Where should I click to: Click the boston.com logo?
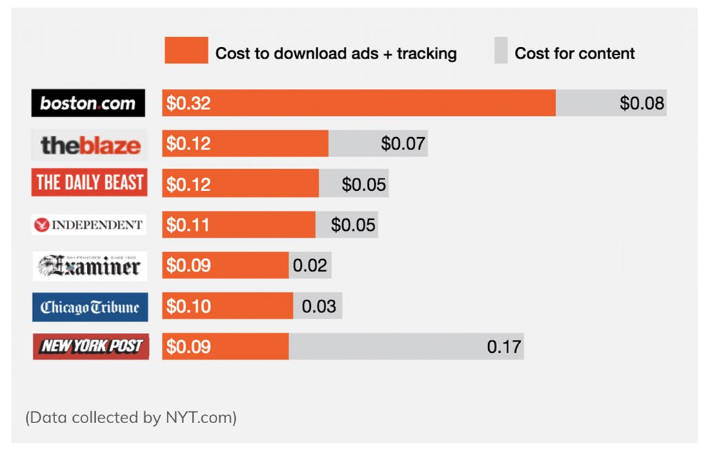pos(88,103)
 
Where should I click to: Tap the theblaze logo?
pos(90,144)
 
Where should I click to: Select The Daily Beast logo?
pos(90,183)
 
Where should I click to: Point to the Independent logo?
pos(89,225)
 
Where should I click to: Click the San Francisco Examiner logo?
pos(89,265)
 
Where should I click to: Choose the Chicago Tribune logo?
pos(90,307)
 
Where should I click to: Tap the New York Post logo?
pos(90,346)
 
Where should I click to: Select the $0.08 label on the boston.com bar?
pos(641,103)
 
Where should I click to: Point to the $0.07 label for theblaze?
pos(403,144)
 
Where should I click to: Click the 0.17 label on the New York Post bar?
pos(504,346)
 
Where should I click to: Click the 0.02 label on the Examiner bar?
pos(310,265)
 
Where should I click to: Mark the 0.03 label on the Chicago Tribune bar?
pos(319,307)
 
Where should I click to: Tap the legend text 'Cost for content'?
pos(574,53)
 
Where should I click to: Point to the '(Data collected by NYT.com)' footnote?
pos(131,418)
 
